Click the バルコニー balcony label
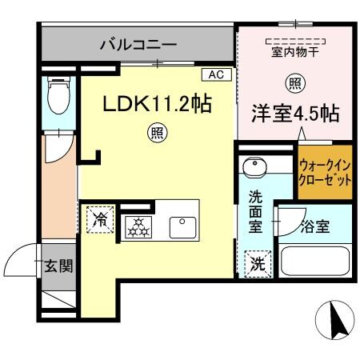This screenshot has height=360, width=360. (x=138, y=43)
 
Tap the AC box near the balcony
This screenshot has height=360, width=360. (x=215, y=74)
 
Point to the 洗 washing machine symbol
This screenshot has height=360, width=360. (x=254, y=262)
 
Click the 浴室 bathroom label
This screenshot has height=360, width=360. (x=315, y=226)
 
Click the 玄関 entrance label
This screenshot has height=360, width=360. (x=58, y=265)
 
